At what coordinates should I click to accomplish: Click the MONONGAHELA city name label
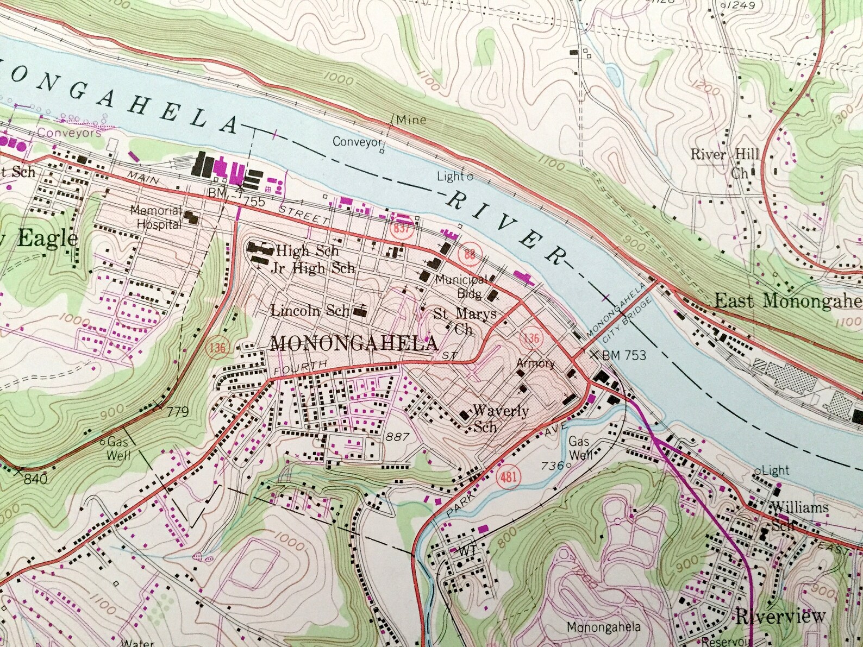click(354, 343)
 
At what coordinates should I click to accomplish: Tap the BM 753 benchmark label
click(624, 355)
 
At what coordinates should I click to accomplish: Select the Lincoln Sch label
click(310, 310)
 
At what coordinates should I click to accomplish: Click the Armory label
click(535, 363)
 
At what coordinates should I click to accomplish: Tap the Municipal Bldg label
click(462, 286)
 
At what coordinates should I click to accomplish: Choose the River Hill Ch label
click(725, 162)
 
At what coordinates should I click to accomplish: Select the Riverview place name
click(780, 616)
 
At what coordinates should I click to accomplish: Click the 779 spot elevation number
click(177, 411)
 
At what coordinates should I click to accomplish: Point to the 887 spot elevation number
click(397, 436)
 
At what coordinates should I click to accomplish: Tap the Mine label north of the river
click(411, 120)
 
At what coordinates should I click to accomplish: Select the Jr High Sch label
click(315, 268)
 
